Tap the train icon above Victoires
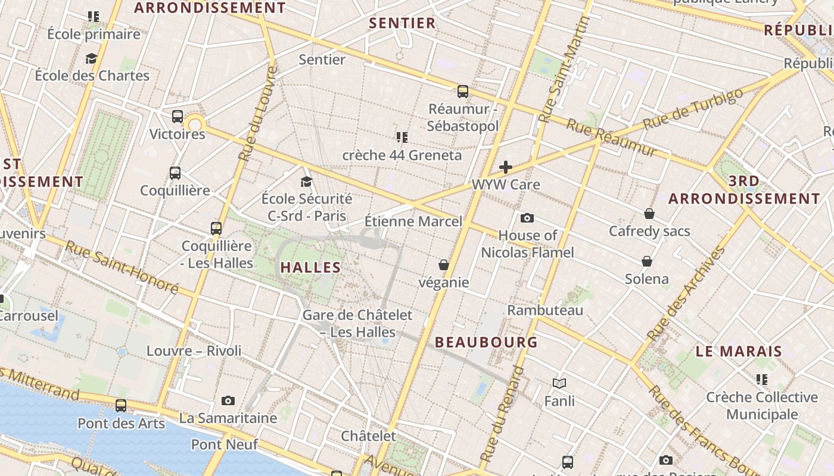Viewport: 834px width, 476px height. coord(178,117)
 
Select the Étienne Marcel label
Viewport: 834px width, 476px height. coord(413,221)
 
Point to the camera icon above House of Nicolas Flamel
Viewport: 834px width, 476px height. coord(527,218)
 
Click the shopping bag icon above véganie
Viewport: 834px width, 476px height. coord(444,264)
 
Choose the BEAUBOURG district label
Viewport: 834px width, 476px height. coord(486,342)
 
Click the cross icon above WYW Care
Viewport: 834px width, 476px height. coord(506,167)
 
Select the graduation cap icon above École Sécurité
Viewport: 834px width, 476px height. coord(306,181)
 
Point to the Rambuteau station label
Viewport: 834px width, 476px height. coord(545,310)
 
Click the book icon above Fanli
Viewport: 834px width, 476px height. coord(559,383)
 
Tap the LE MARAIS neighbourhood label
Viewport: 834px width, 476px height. coord(739,351)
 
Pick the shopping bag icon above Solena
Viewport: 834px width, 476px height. coord(647,261)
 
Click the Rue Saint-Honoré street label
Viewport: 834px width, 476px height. coord(122,267)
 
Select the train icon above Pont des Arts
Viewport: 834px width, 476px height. coord(121,406)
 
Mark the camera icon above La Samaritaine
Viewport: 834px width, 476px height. coord(228,400)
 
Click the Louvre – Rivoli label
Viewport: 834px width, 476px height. coord(194,350)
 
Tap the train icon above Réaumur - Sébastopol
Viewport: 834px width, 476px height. coord(463,92)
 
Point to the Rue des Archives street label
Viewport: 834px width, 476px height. coord(687,293)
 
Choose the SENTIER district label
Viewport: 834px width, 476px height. coord(403,23)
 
